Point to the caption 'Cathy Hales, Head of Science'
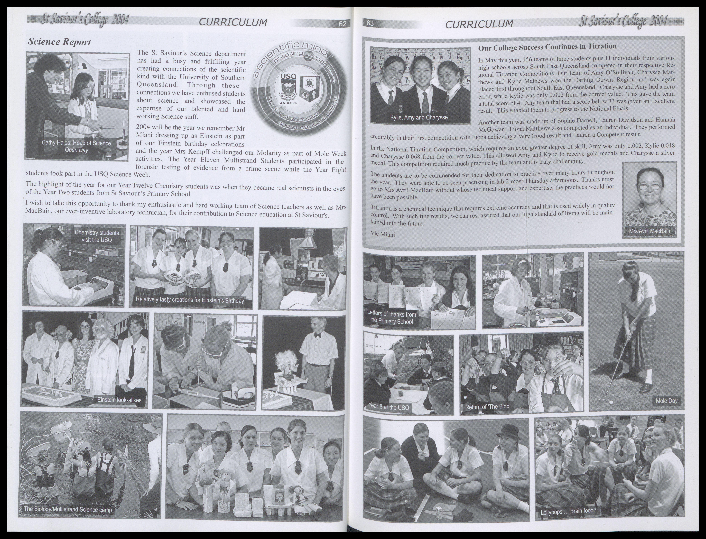pyautogui.click(x=76, y=143)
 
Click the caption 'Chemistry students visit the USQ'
pyautogui.click(x=96, y=236)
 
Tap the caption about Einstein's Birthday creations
pyautogui.click(x=190, y=300)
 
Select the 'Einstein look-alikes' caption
pyautogui.click(x=119, y=400)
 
